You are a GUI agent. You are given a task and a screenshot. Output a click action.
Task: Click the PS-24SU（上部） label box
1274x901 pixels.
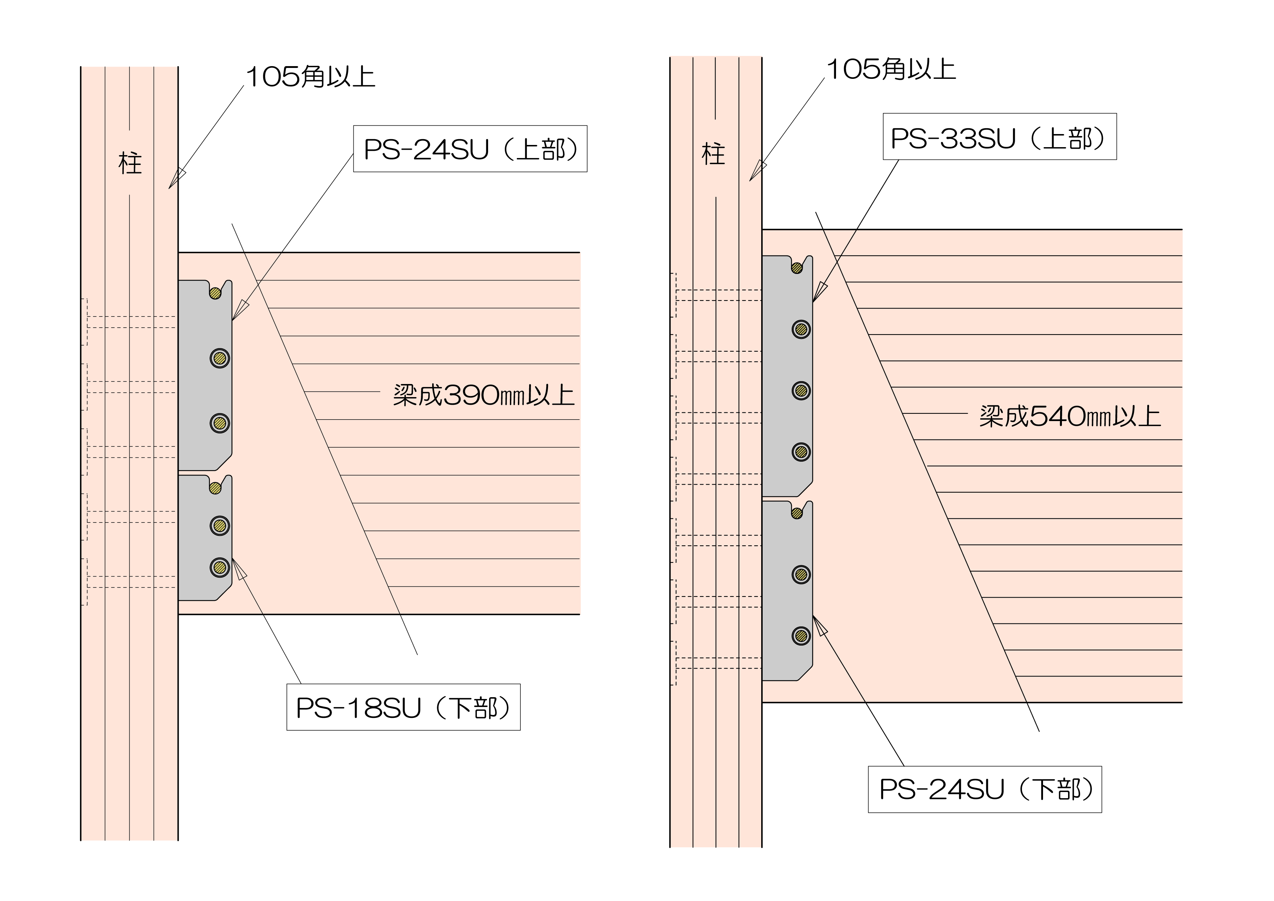point(470,149)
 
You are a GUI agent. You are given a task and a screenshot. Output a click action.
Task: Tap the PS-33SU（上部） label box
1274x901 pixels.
point(999,137)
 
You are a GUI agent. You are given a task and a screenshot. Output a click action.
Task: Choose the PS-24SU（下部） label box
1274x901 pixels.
point(984,789)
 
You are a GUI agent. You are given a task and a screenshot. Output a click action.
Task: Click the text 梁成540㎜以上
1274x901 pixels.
point(1069,416)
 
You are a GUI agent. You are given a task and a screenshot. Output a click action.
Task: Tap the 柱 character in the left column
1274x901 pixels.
point(130,164)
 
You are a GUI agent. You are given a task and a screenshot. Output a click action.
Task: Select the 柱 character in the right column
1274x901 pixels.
point(714,154)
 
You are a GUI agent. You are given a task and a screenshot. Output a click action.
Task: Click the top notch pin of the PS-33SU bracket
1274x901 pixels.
point(797,268)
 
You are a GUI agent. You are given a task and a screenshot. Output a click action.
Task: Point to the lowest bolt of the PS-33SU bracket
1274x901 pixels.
point(801,452)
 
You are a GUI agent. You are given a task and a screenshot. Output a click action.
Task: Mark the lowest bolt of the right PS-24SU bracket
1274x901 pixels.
point(801,636)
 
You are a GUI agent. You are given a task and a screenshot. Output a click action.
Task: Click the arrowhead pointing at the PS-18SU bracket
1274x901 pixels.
point(239,569)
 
